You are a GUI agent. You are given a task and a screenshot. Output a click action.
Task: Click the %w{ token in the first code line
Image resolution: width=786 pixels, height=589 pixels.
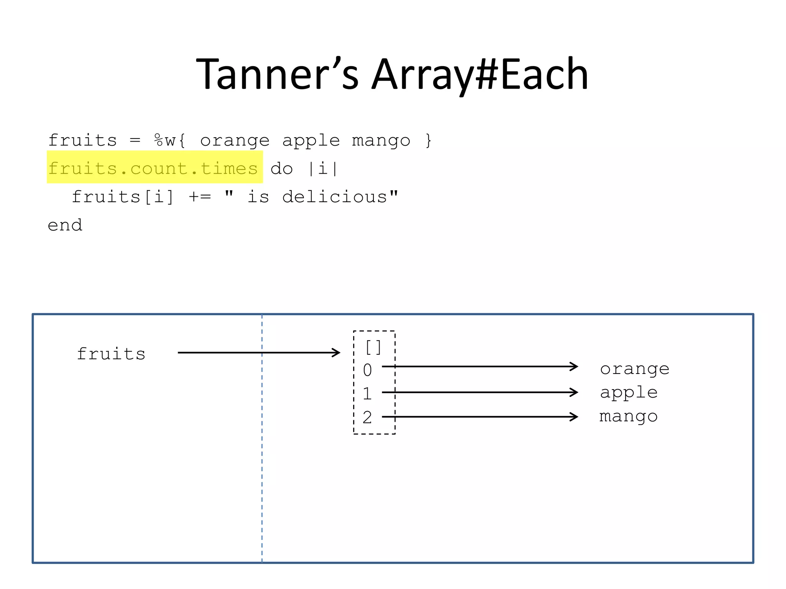coord(170,140)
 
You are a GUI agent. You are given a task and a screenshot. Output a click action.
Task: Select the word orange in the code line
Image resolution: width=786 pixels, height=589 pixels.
coord(235,141)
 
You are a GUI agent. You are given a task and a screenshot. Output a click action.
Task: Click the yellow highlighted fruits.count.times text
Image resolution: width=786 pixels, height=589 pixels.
coord(153,168)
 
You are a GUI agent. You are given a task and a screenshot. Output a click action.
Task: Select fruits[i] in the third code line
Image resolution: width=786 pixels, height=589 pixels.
coord(123,197)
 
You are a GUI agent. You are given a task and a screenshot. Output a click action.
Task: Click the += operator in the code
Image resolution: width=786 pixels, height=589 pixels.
coord(200,197)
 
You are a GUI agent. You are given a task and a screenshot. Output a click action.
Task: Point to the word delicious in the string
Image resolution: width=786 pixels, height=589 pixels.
coord(335,197)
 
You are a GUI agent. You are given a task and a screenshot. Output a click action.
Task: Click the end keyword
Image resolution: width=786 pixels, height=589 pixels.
coord(65,225)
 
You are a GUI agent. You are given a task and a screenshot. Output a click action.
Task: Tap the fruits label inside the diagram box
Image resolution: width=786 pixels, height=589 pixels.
coord(111,354)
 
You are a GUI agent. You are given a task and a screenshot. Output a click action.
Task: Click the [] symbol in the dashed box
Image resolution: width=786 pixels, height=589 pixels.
coord(373,347)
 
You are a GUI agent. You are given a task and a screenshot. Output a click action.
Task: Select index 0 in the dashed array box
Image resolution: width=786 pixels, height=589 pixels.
coord(367,370)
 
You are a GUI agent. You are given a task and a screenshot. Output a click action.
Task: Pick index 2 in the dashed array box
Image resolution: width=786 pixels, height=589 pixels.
coord(367,417)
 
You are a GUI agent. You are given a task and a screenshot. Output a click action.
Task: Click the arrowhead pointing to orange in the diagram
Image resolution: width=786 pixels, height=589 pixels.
coord(574,367)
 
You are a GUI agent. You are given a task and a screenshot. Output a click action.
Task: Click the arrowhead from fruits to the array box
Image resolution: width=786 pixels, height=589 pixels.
coord(336,352)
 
